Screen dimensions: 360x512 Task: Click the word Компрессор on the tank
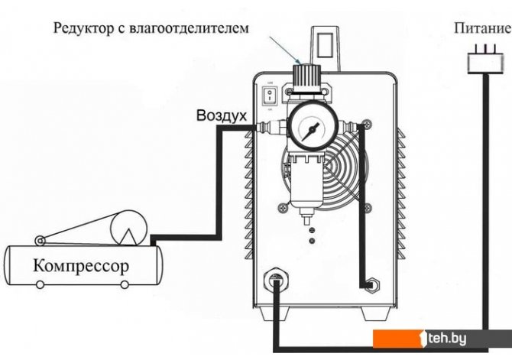(80, 267)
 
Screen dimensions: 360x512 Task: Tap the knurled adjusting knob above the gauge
(304, 76)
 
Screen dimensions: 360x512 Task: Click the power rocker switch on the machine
(268, 97)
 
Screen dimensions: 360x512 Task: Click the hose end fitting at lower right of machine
(371, 284)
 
